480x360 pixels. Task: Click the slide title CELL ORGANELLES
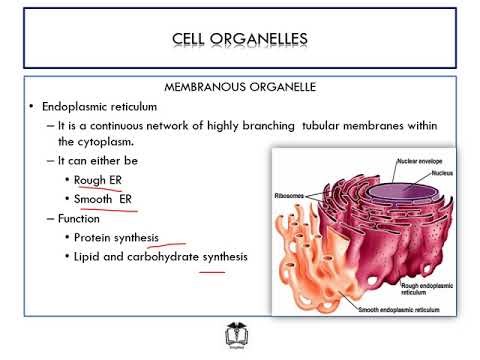tap(239, 40)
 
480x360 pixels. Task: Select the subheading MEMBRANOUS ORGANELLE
tap(239, 87)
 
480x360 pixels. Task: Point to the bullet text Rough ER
tap(97, 180)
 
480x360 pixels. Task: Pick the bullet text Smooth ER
tap(102, 199)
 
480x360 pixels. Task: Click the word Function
tap(85, 218)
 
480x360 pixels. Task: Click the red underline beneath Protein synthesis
tap(169, 242)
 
